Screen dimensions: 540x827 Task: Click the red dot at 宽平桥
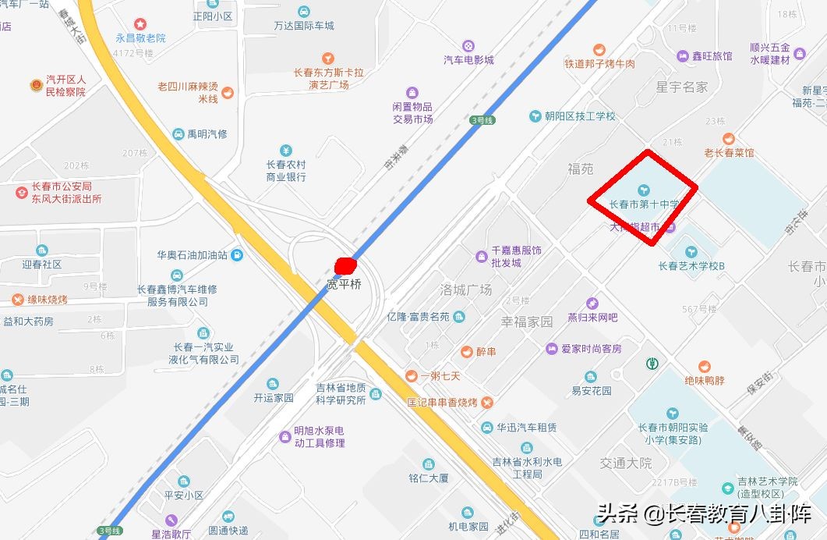pos(345,266)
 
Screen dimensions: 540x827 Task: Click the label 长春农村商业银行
pos(286,170)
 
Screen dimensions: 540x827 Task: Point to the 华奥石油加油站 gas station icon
pos(237,254)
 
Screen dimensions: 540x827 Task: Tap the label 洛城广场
pos(466,290)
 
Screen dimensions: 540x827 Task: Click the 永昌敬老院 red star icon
pos(140,24)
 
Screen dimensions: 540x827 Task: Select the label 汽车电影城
pos(468,60)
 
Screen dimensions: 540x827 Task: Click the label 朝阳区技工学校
pos(580,116)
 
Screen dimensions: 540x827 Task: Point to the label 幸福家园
pos(527,322)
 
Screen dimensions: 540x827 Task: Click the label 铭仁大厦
pos(429,478)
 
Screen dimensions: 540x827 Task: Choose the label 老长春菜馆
pos(729,153)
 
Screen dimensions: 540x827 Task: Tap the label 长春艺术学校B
pos(691,265)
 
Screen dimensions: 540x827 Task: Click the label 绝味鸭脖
pos(705,381)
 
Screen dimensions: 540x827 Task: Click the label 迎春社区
pos(42,264)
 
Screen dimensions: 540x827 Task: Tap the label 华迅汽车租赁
pos(527,427)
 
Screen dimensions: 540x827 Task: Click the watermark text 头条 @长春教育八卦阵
pos(704,513)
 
